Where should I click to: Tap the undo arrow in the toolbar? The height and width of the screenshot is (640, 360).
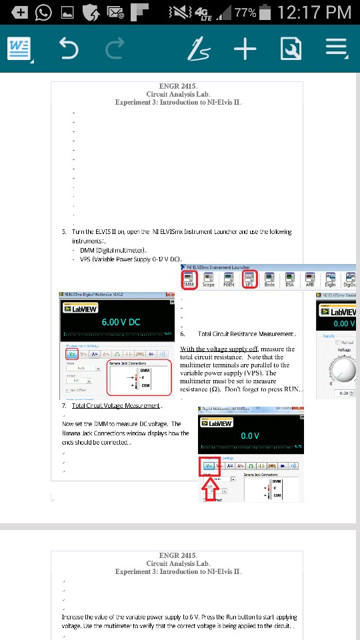pos(69,49)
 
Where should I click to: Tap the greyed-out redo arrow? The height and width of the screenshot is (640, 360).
pos(115,49)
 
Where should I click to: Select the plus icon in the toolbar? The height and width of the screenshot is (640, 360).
pos(245,49)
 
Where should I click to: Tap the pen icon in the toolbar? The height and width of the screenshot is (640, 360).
pos(199,49)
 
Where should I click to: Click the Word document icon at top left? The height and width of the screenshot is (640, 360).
pos(19,49)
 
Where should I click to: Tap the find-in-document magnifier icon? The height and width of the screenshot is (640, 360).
pos(291,49)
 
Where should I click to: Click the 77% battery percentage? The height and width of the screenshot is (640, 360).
pos(245,12)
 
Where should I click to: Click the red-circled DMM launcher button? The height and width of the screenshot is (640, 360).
pos(190,279)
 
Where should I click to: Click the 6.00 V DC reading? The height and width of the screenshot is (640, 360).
pos(121,322)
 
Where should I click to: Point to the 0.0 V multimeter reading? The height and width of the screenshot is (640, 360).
pos(249,435)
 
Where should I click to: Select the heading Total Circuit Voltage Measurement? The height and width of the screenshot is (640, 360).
pos(116,405)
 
